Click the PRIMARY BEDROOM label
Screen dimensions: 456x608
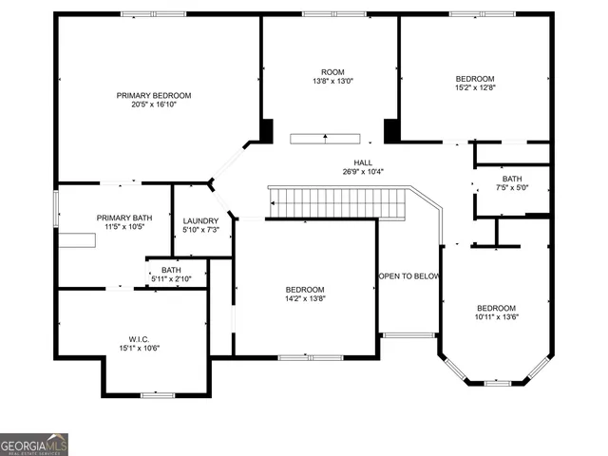coord(154,95)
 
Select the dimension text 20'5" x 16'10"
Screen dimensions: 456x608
coord(154,104)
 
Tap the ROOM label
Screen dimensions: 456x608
coord(332,72)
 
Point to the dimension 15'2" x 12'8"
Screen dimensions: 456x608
coord(475,87)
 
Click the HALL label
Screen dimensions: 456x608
coord(363,162)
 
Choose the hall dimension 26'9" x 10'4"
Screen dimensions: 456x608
coord(363,172)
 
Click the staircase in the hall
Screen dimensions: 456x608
coord(337,201)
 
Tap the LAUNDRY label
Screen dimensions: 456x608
coord(200,221)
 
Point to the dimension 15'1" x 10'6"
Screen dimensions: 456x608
coord(140,348)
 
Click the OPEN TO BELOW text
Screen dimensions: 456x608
coord(409,276)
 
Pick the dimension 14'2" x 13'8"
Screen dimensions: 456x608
coord(305,299)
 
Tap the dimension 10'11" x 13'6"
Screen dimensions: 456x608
coord(496,317)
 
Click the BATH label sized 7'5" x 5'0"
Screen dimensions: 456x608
coord(512,179)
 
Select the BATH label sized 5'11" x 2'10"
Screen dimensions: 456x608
coord(171,270)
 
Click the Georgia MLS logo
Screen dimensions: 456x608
coord(34,445)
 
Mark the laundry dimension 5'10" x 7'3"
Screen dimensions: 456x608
coord(200,231)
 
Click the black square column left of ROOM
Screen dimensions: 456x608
coord(266,130)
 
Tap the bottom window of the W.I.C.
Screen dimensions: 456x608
coord(157,394)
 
